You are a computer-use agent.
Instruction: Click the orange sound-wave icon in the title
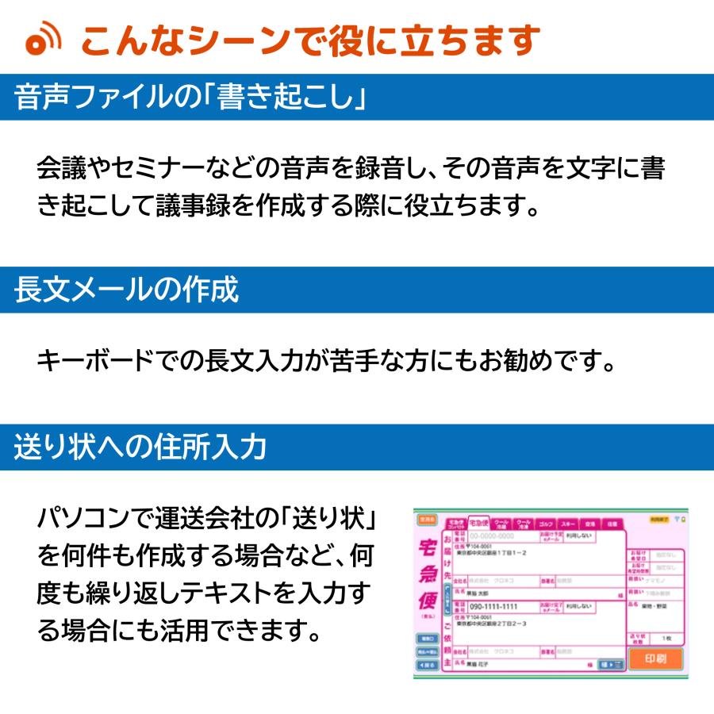pos(44,42)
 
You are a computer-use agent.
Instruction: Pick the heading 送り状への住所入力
pos(140,447)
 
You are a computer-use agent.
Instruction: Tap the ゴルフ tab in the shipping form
pos(545,524)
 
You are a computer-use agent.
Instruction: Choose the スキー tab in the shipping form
pos(567,524)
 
